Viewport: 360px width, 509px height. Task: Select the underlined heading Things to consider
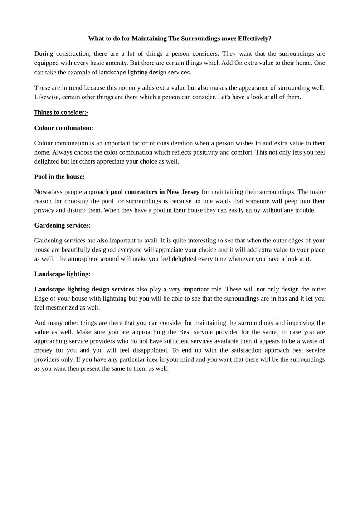coord(61,112)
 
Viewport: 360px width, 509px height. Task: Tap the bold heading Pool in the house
coord(59,177)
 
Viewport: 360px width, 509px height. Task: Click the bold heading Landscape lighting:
coord(63,274)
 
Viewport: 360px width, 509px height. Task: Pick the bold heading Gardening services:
coord(63,225)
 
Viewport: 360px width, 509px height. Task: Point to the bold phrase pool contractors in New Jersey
coord(155,192)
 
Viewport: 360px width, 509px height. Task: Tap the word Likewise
coord(47,97)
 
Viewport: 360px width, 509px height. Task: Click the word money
coord(44,350)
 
